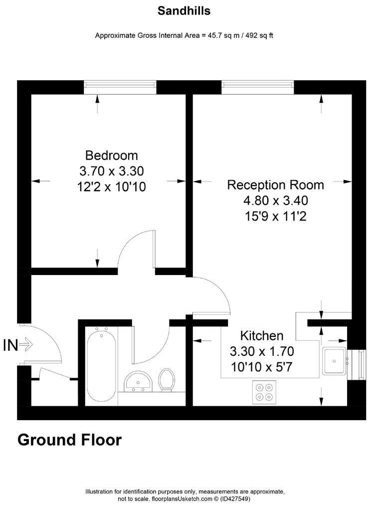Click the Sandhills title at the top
tap(184, 10)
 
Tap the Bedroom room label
tap(111, 155)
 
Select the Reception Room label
tap(275, 185)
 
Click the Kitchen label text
tap(262, 335)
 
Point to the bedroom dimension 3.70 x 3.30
tap(111, 171)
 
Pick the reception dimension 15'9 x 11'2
tap(275, 217)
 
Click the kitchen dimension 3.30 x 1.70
tap(262, 351)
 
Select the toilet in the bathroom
tap(166, 380)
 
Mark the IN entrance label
tap(11, 345)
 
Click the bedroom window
tap(120, 86)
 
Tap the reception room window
tap(257, 86)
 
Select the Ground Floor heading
tap(69, 440)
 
